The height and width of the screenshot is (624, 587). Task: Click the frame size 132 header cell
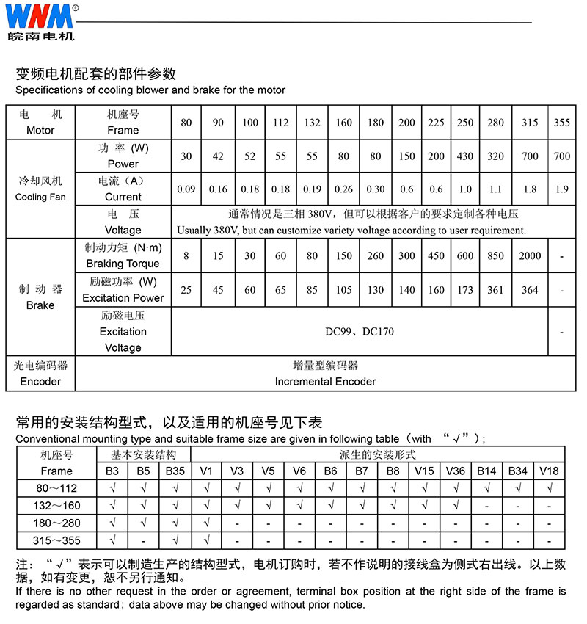[313, 123]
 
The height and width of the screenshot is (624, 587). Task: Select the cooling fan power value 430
[465, 156]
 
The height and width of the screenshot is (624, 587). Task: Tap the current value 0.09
[186, 189]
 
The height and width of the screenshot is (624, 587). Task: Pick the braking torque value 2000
[530, 256]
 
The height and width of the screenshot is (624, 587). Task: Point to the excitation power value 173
[465, 290]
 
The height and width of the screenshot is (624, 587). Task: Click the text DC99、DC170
[360, 332]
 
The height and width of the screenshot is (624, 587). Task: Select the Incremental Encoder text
[325, 382]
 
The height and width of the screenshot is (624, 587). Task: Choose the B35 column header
[175, 471]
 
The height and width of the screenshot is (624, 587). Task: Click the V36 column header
[455, 471]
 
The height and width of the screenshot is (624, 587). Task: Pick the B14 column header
[486, 471]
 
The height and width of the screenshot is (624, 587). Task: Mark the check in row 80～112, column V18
[549, 488]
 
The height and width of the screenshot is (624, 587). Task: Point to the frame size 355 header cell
[562, 123]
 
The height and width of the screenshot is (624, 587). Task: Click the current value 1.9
[562, 189]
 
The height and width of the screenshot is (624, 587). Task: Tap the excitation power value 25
[186, 290]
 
